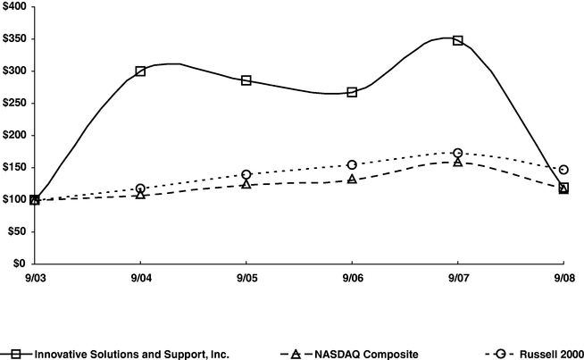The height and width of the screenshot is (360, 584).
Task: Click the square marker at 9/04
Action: click(140, 71)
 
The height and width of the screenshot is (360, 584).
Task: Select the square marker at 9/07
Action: click(458, 40)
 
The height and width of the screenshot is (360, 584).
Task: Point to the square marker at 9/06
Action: click(352, 92)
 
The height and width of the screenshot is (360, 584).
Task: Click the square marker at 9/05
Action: click(246, 80)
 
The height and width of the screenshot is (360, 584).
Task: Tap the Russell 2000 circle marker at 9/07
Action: click(458, 153)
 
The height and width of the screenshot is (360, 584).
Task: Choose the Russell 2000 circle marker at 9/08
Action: click(563, 169)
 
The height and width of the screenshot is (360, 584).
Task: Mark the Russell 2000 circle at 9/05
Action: click(246, 174)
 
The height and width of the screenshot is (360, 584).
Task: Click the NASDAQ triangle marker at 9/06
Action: click(352, 180)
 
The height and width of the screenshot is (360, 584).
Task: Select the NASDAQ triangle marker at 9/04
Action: click(140, 194)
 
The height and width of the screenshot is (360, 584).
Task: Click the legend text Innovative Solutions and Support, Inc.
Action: click(132, 354)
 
